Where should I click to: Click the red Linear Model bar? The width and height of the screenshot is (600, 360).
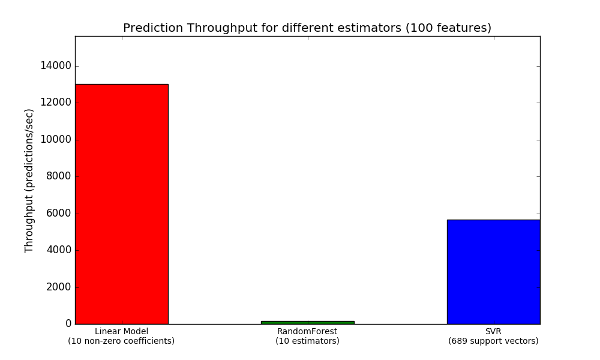122,204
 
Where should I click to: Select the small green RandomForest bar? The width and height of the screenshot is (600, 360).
308,323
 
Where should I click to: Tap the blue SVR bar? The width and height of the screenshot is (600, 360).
494,272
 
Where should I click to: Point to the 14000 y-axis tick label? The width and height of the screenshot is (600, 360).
56,66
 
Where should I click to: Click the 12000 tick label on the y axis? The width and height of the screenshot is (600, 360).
56,103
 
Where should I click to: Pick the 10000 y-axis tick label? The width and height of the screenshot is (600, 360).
56,140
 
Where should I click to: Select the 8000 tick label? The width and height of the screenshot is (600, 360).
59,176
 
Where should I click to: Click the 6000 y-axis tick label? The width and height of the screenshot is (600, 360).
59,214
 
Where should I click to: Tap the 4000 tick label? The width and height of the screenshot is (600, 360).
59,250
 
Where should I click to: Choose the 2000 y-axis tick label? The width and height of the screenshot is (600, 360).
59,287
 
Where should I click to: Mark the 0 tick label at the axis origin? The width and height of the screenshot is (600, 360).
68,323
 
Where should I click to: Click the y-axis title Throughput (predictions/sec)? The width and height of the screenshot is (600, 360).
29,181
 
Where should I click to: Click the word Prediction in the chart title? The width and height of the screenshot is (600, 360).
153,28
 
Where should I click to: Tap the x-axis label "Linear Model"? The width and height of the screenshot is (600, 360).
121,331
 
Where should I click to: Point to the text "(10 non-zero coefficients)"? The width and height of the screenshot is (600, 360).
121,341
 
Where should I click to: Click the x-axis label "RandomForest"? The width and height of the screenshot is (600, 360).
307,331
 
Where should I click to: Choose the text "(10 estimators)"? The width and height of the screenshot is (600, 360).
307,341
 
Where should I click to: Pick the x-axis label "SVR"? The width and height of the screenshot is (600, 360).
493,331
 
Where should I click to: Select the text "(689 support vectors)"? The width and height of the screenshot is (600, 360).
493,341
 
